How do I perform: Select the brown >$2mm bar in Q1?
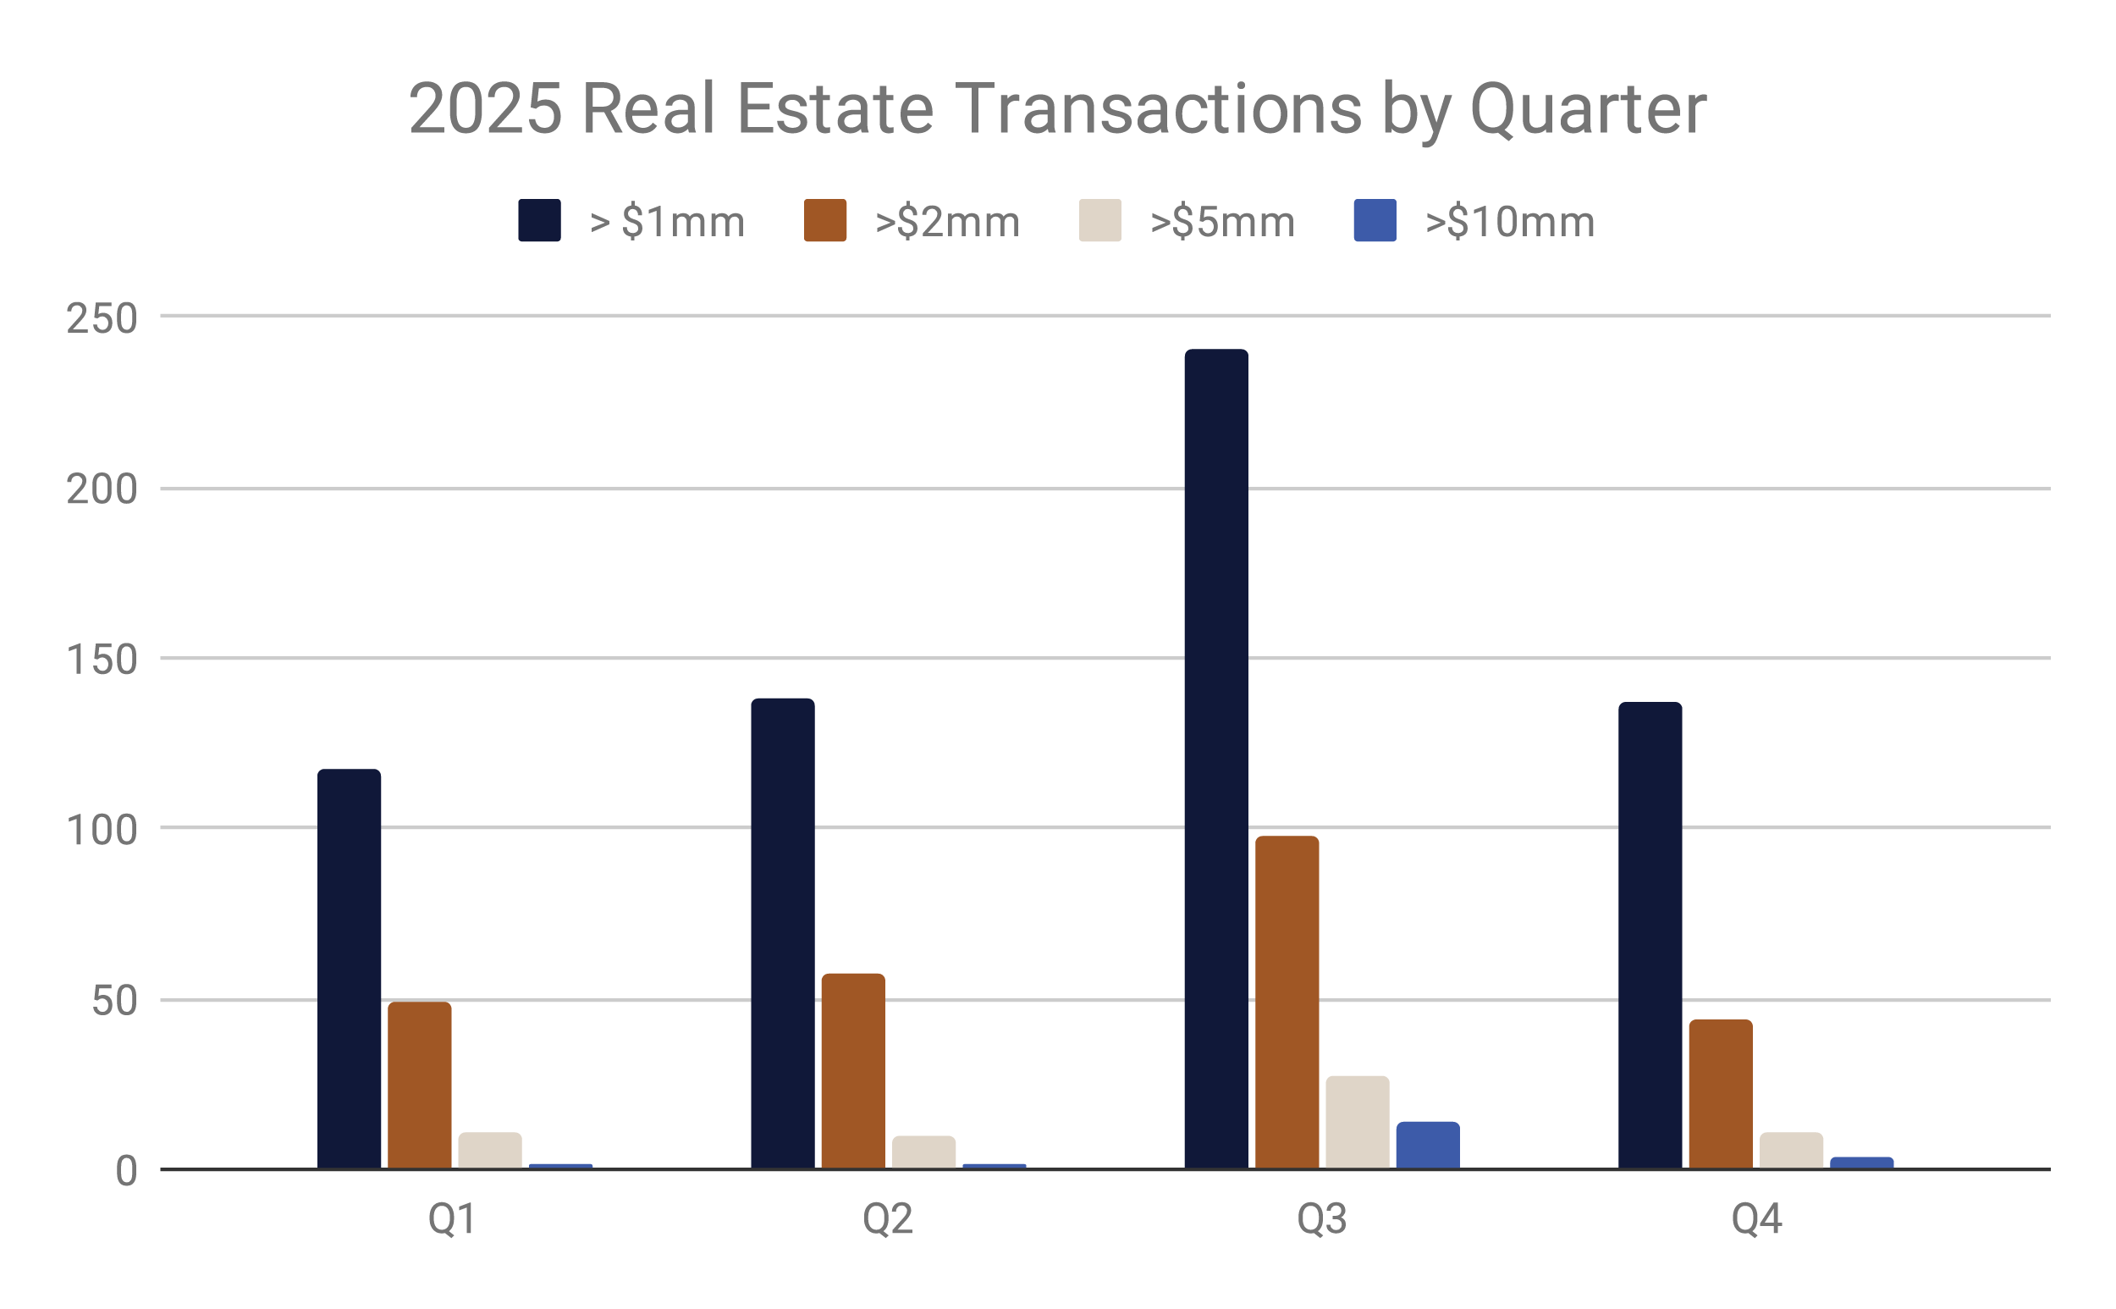pyautogui.click(x=420, y=1085)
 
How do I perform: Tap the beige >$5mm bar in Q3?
pyautogui.click(x=1357, y=1123)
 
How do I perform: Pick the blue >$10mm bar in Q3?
pyautogui.click(x=1428, y=1146)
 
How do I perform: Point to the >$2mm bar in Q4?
pyautogui.click(x=1721, y=1094)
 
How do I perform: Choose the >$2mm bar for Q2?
pyautogui.click(x=853, y=1071)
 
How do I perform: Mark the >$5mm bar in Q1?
pyautogui.click(x=490, y=1151)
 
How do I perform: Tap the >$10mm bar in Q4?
pyautogui.click(x=1861, y=1163)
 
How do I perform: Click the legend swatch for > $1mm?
pyautogui.click(x=539, y=221)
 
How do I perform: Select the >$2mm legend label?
pyautogui.click(x=947, y=223)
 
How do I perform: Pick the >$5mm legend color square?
pyautogui.click(x=1100, y=221)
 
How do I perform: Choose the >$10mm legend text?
pyautogui.click(x=1509, y=223)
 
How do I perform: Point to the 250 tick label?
pyautogui.click(x=102, y=318)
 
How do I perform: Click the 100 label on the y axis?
pyautogui.click(x=102, y=831)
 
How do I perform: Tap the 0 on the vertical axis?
pyautogui.click(x=126, y=1171)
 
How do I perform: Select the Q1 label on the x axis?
pyautogui.click(x=453, y=1220)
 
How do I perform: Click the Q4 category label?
pyautogui.click(x=1756, y=1220)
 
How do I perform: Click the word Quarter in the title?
pyautogui.click(x=1587, y=110)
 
